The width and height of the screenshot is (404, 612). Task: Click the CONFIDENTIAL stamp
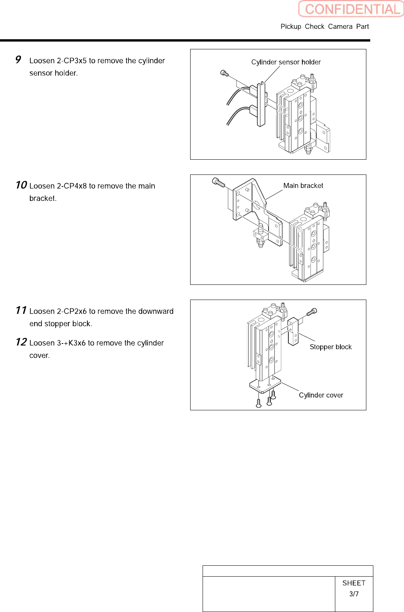click(x=351, y=9)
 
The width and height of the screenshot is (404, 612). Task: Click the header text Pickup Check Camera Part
click(x=324, y=26)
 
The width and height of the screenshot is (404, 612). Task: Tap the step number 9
click(x=18, y=59)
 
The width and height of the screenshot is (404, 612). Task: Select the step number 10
click(x=21, y=185)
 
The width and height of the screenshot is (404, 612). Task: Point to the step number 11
click(x=21, y=310)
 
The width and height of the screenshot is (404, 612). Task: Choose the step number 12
click(x=21, y=342)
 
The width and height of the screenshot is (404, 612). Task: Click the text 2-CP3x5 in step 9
click(x=72, y=61)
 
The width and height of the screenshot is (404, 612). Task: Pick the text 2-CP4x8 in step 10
click(x=72, y=186)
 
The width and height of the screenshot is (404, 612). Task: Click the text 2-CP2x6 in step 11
click(x=72, y=311)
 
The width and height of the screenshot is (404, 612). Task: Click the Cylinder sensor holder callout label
click(x=286, y=62)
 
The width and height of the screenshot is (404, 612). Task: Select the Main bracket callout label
click(x=303, y=186)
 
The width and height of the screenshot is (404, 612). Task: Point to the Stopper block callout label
click(x=331, y=347)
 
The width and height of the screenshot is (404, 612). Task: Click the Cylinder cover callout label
click(x=321, y=395)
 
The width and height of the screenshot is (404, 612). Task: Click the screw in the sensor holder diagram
click(x=224, y=73)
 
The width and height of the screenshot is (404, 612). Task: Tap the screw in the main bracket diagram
click(x=218, y=182)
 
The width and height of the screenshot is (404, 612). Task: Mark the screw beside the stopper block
click(x=312, y=312)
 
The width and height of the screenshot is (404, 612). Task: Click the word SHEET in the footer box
click(x=354, y=583)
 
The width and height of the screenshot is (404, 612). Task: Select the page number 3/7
click(x=354, y=594)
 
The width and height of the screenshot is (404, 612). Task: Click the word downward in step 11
click(x=156, y=311)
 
